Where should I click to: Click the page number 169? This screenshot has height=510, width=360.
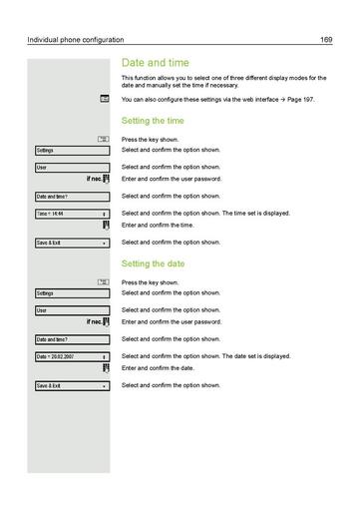coord(326,40)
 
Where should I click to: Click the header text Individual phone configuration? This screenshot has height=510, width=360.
coord(76,40)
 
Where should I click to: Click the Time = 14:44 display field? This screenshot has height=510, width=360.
coord(71,214)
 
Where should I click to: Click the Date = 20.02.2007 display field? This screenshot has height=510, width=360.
coord(71,356)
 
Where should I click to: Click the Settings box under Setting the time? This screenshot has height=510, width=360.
coord(71,150)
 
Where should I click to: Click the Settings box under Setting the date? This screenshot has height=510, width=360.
coord(71,293)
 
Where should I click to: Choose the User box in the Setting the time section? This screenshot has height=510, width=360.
coord(71,167)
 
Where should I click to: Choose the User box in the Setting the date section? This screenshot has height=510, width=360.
coord(71,310)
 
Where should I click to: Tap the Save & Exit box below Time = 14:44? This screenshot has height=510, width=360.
coord(71,243)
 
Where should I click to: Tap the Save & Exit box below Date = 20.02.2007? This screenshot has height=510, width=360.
coord(71,385)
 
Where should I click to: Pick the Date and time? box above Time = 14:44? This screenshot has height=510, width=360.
coord(71,197)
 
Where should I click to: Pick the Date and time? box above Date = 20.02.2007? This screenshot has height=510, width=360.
coord(71,339)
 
